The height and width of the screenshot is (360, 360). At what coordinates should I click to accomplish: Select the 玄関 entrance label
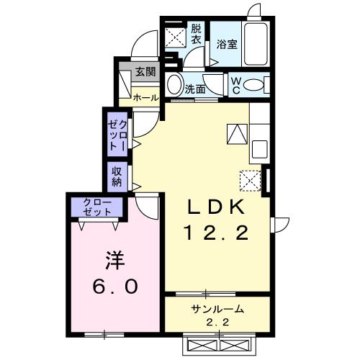(145, 72)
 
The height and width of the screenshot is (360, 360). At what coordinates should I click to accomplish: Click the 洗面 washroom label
(195, 90)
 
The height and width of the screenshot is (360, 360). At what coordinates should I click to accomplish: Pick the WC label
(235, 86)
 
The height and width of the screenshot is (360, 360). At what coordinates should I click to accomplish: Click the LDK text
(217, 207)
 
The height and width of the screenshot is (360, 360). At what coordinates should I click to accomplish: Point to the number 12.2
(217, 233)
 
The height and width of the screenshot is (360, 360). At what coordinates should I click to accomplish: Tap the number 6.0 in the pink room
(114, 286)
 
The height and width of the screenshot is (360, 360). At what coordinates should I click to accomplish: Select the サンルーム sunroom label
(217, 310)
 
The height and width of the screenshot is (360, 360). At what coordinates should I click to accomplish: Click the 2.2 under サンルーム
(217, 323)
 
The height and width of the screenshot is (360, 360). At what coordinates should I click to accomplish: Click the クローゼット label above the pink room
(97, 207)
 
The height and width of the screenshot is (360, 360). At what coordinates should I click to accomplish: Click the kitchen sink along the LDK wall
(259, 150)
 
